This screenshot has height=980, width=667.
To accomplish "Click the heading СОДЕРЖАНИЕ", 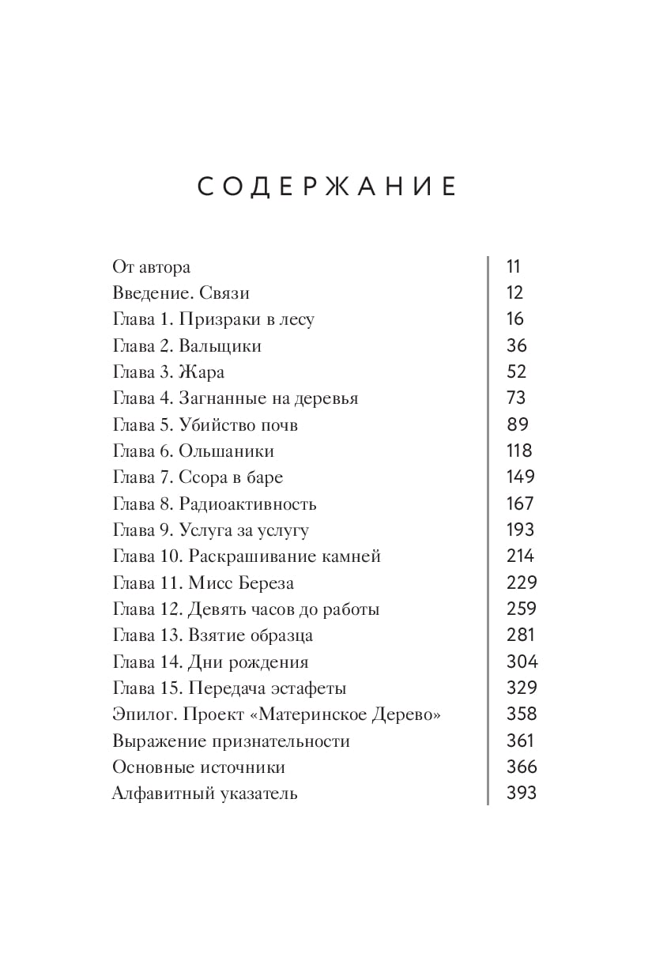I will pos(326,187).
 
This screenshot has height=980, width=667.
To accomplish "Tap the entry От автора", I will pos(152,267).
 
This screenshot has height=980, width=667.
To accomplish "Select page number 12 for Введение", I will pos(514,292).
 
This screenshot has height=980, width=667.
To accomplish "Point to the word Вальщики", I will pos(220,346).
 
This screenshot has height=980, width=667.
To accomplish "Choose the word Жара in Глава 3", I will pos(202,372).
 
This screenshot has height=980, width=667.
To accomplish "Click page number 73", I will pos(516,398).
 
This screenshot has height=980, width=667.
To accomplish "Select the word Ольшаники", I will pos(226,451).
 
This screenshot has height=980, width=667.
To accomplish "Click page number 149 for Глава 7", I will pos(521,477).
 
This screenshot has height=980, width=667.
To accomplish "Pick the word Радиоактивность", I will pos(247,504).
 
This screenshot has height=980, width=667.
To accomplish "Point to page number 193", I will pos(521,530).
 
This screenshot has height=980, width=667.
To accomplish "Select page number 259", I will pos(521,609).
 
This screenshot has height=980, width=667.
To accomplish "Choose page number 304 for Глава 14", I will pos(522,661).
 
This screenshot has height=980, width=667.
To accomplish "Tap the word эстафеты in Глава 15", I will pos(308,688).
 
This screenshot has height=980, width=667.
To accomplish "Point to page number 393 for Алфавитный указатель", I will pos(522,793).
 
